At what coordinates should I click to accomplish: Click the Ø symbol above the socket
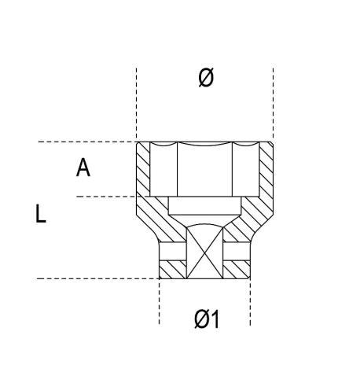pyautogui.click(x=206, y=77)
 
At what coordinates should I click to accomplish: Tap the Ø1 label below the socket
pyautogui.click(x=207, y=319)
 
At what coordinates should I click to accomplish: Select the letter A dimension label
pyautogui.click(x=83, y=168)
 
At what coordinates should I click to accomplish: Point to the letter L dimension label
pyautogui.click(x=40, y=214)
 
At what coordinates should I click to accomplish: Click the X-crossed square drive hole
pyautogui.click(x=204, y=252)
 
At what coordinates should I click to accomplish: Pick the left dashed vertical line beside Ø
pyautogui.click(x=136, y=104)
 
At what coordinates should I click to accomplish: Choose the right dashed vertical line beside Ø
pyautogui.click(x=273, y=104)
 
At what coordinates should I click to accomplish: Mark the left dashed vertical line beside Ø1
pyautogui.click(x=159, y=302)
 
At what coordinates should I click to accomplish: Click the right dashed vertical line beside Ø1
pyautogui.click(x=250, y=302)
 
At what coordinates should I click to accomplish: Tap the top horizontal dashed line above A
pyautogui.click(x=87, y=142)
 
